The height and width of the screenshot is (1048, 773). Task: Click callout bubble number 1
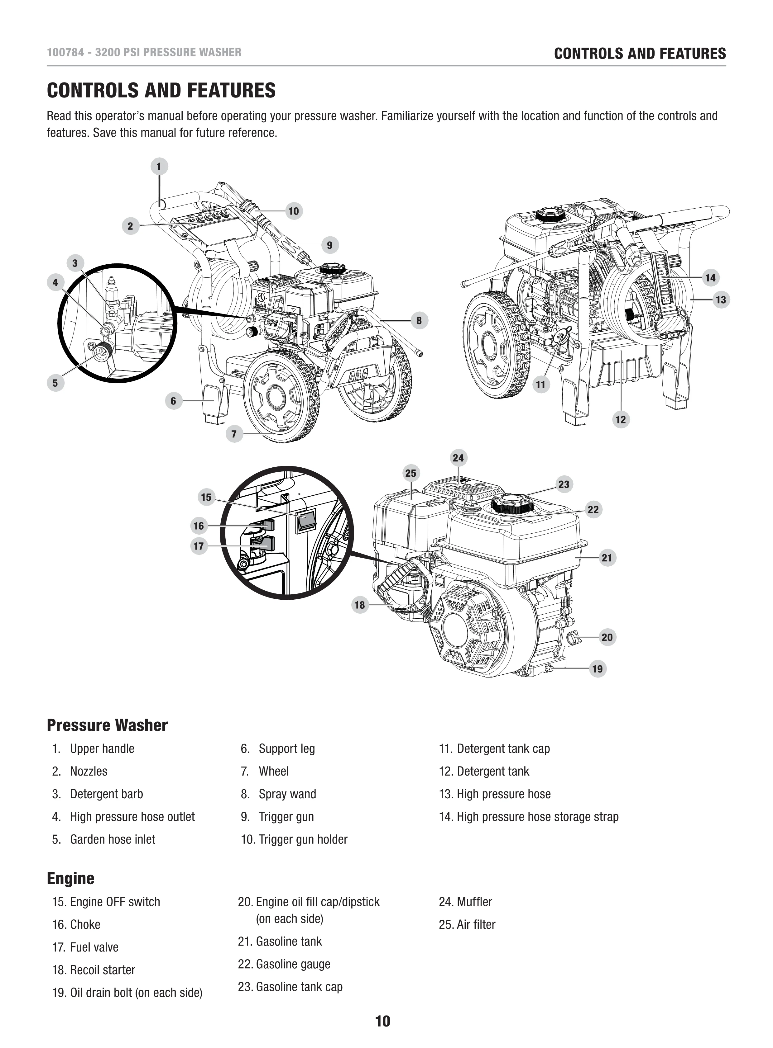[x=159, y=166]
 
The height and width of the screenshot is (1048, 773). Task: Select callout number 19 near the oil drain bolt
[x=598, y=668]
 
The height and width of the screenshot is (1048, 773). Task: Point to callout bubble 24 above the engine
[x=458, y=458]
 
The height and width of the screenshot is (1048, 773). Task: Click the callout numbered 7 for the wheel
[x=234, y=434]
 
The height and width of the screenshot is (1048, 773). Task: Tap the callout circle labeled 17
[x=199, y=546]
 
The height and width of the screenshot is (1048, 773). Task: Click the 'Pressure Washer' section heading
[x=107, y=725]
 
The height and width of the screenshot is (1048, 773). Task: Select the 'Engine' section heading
[x=71, y=878]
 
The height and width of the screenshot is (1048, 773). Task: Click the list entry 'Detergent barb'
[x=106, y=794]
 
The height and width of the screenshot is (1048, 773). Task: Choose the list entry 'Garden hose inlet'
[x=112, y=839]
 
